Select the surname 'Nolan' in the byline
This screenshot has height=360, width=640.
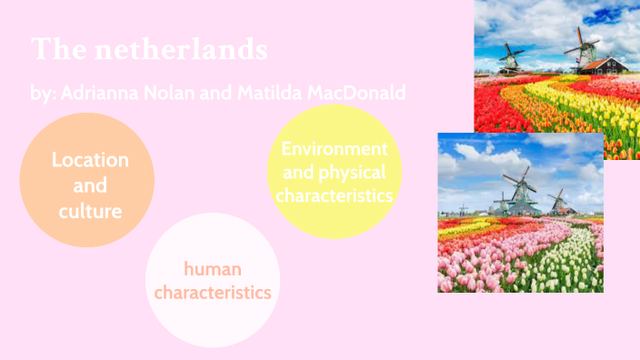180,94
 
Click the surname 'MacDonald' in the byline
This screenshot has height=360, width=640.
359,94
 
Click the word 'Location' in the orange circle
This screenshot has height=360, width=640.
90,160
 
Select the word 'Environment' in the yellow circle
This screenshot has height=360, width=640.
335,148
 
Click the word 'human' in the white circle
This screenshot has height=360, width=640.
212,269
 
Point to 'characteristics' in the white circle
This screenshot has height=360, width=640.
212,293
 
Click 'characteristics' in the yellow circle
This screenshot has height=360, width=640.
335,195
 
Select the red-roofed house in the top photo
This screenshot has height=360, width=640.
605,65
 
